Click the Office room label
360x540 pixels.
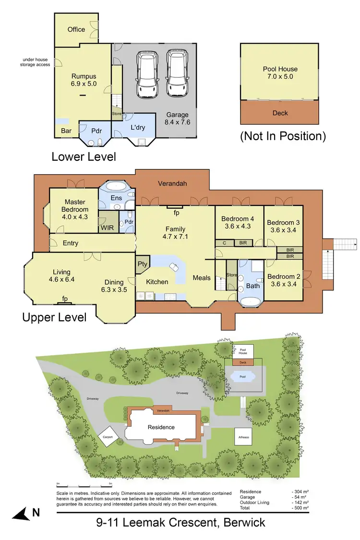[x=76, y=29]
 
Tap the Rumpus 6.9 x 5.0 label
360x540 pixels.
[x=84, y=80]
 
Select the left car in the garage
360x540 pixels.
[x=147, y=74]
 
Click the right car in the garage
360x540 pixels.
[x=175, y=74]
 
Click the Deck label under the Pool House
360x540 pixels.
[x=280, y=113]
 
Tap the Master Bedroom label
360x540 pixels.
[x=75, y=206]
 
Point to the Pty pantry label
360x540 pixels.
[x=143, y=264]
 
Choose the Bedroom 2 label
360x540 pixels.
[x=283, y=280]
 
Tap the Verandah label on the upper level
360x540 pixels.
[x=172, y=183]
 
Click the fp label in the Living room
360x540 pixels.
[x=64, y=299]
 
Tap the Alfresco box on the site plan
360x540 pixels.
[x=242, y=437]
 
